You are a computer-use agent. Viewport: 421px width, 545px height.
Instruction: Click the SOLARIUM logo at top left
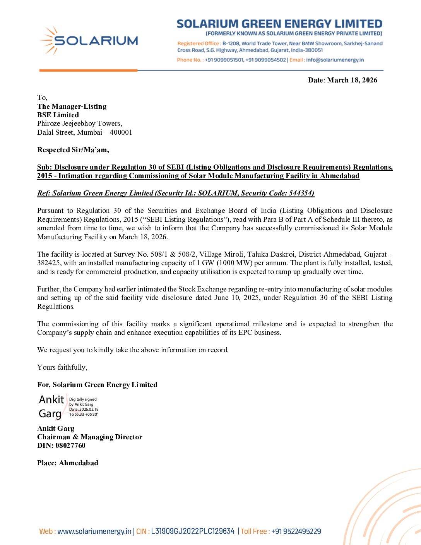pos(89,41)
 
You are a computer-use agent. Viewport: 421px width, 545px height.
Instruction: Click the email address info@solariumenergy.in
pos(335,60)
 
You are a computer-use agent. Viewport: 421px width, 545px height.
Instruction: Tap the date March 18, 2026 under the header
pos(352,80)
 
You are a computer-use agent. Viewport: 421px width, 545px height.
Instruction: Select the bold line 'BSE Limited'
pos(58,115)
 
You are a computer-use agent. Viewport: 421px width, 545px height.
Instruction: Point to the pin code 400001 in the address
pos(121,132)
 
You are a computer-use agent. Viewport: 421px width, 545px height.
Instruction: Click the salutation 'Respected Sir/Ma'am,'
pos(73,150)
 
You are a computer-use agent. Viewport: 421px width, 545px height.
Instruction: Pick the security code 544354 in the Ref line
pos(301,193)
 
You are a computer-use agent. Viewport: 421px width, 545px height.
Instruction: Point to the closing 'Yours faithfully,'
pos(62,367)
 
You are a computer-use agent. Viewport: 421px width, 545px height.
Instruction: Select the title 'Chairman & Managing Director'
pos(90,437)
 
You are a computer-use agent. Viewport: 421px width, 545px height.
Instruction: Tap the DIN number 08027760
pos(70,446)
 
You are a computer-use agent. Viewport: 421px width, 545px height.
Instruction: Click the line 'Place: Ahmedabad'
pos(68,463)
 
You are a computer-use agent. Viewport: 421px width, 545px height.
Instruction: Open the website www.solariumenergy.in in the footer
pos(94,531)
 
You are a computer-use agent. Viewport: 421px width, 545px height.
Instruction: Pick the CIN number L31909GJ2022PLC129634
pos(193,531)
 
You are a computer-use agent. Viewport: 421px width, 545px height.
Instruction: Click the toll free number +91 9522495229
pos(296,531)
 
